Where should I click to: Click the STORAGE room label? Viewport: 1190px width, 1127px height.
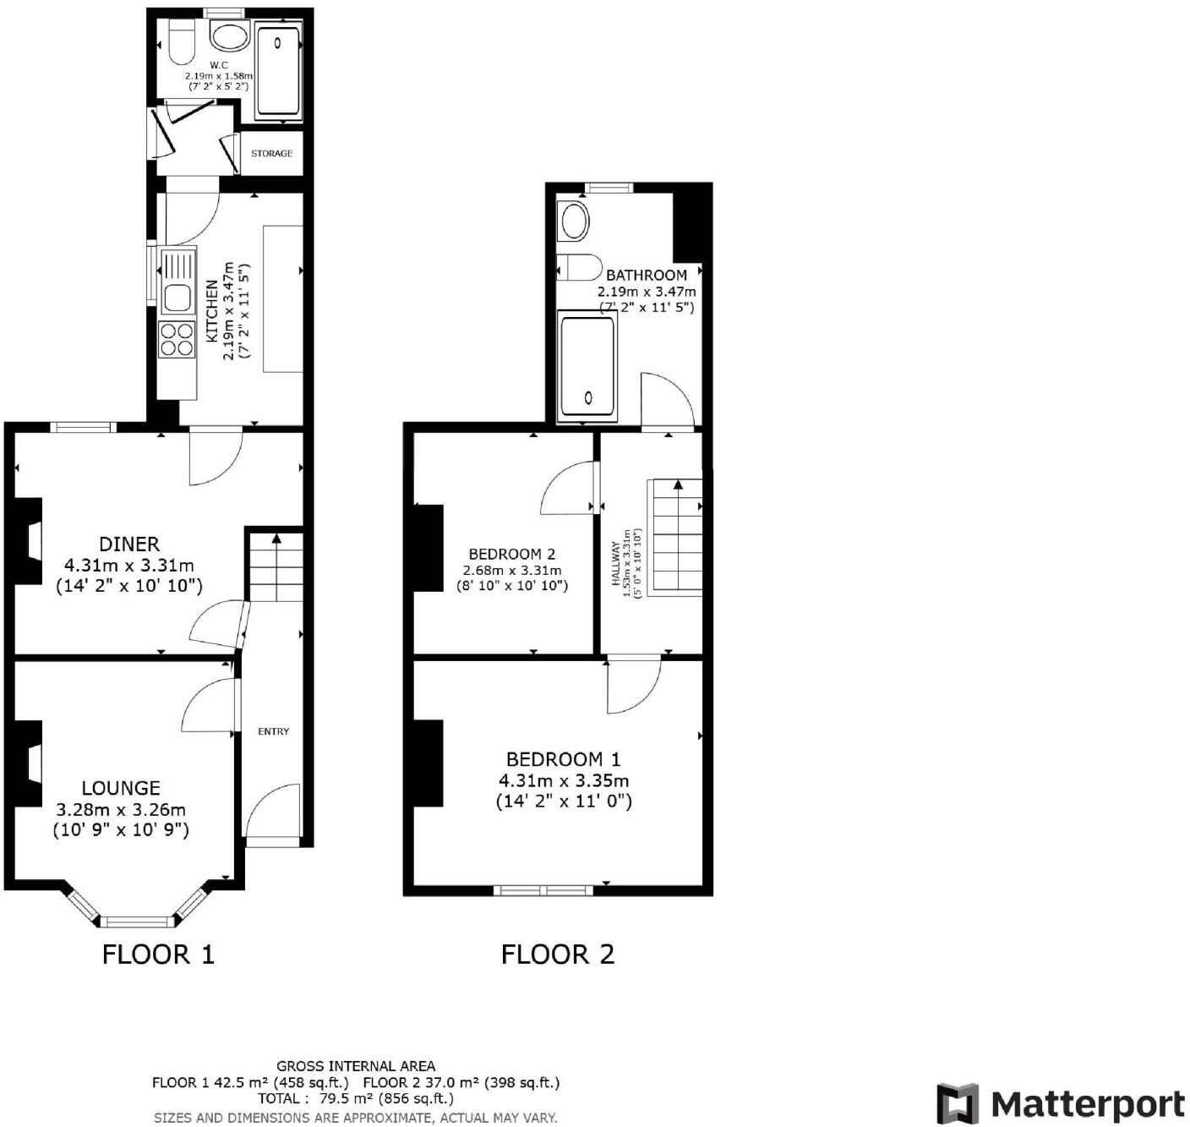[271, 154]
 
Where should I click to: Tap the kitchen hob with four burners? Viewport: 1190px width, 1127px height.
[177, 339]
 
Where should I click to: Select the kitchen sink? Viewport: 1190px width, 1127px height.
[177, 298]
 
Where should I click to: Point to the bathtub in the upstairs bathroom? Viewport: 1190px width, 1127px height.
[587, 368]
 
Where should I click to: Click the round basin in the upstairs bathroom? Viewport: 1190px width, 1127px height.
[575, 222]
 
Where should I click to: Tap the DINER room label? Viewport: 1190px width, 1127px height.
[129, 544]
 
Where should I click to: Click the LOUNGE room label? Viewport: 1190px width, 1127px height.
[121, 788]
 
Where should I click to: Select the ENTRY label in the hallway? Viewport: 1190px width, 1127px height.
[273, 731]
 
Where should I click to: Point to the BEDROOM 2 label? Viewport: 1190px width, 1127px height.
[511, 555]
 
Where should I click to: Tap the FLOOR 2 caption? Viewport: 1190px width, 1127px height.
[558, 955]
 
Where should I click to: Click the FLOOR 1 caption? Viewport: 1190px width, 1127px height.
[158, 955]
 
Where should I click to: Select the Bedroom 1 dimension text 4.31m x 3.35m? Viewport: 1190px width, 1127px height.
[563, 780]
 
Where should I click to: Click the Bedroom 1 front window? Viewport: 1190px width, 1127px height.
[543, 889]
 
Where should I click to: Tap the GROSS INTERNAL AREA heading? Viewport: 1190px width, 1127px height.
[356, 1066]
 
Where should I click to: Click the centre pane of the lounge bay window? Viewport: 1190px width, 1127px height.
[137, 922]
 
